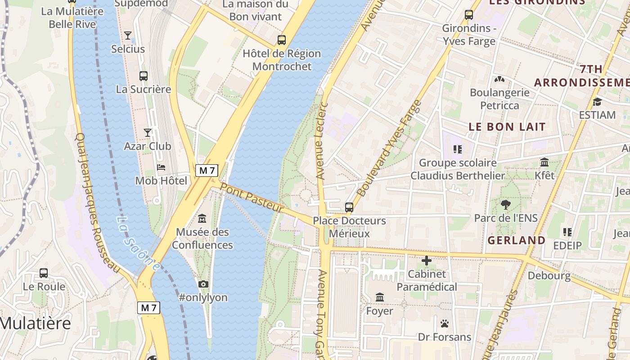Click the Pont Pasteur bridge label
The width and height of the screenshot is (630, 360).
coord(252,198)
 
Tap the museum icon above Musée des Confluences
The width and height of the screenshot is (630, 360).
coord(202,219)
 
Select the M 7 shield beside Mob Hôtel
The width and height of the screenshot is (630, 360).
coord(207,171)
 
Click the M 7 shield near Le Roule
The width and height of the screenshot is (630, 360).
coord(148,308)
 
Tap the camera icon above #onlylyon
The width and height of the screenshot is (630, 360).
coord(203,284)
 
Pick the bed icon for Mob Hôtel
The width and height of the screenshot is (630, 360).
coord(161,167)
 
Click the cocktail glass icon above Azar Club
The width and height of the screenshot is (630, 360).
coord(148,132)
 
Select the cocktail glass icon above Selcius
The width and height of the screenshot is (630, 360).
coord(128,35)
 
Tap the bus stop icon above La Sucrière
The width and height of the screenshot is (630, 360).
coord(144,76)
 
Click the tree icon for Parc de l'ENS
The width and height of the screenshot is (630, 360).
coord(506,205)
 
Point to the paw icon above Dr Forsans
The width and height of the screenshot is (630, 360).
coord(445,323)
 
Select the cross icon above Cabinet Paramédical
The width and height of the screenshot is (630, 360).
coord(426,260)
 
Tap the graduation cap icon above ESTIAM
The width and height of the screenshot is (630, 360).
coord(597,102)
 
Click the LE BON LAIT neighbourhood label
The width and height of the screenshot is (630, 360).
coord(507,127)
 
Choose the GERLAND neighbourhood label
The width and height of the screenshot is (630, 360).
coord(517,240)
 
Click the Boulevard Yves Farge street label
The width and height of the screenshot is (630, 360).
coord(389,148)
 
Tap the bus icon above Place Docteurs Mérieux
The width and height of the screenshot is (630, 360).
coord(349,207)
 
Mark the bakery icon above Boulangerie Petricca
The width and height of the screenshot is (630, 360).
coord(499,79)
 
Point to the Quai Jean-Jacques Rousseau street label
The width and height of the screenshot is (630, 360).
coord(97,202)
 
